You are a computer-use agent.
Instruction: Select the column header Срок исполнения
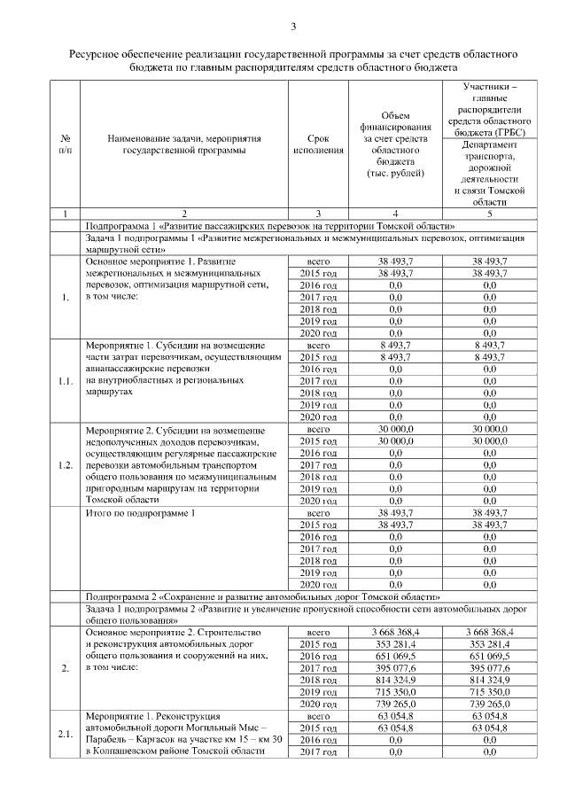pyautogui.click(x=317, y=144)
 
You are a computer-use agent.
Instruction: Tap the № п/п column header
pyautogui.click(x=65, y=144)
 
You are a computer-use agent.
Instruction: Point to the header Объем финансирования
pyautogui.click(x=394, y=144)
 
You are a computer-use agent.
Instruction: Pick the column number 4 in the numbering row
pyautogui.click(x=394, y=214)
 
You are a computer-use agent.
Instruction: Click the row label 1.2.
pyautogui.click(x=65, y=465)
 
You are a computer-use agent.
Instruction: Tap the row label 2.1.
pyautogui.click(x=65, y=733)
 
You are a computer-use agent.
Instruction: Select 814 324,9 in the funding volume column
pyautogui.click(x=394, y=679)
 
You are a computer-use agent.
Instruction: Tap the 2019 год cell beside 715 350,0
pyautogui.click(x=317, y=691)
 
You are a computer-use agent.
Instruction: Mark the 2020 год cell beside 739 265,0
pyautogui.click(x=317, y=703)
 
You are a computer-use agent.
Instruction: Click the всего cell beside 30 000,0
pyautogui.click(x=317, y=429)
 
